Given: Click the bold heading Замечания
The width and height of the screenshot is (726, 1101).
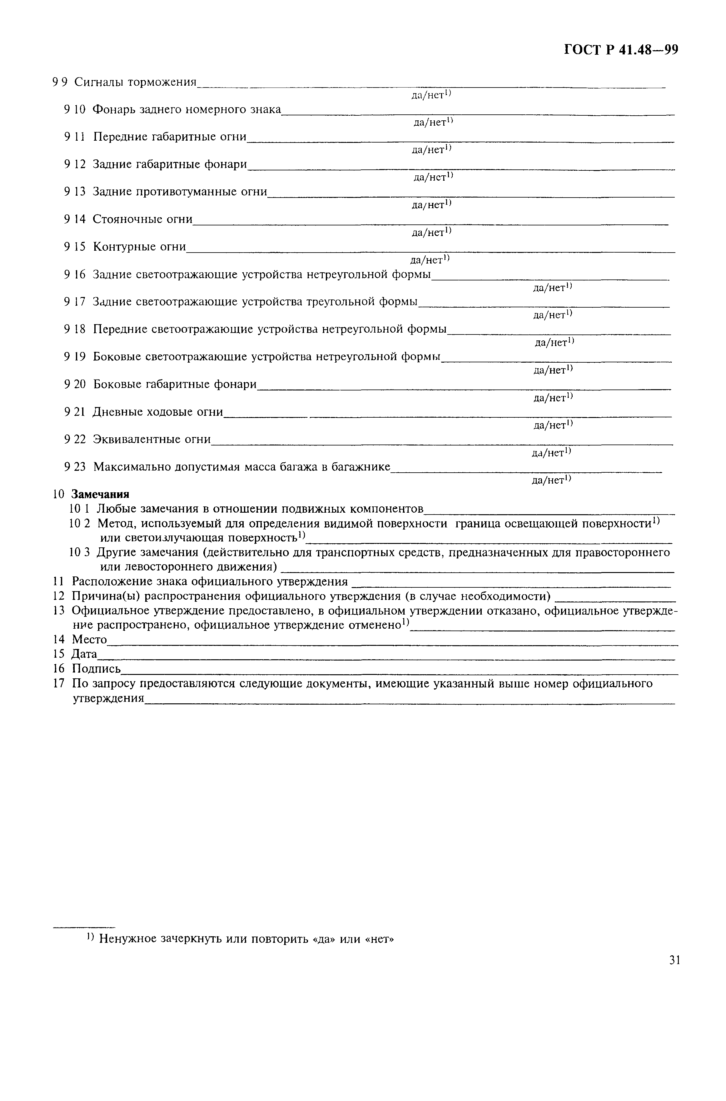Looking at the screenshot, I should coord(101,494).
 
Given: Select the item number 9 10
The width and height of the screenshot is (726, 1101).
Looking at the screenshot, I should coord(75,110).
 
